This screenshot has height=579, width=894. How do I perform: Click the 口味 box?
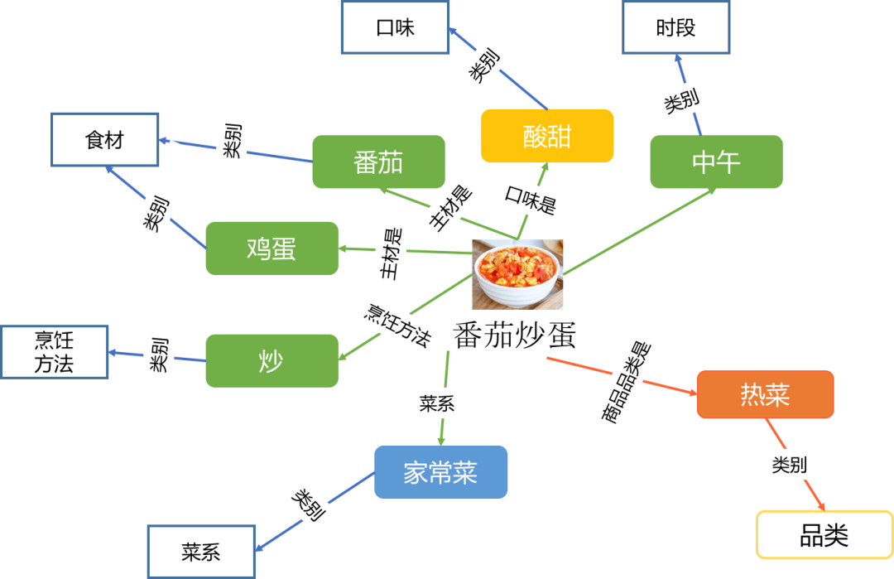396,29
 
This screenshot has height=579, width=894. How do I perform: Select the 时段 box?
675,29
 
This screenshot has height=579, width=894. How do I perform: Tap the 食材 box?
104,140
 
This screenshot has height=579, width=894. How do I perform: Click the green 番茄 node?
378,162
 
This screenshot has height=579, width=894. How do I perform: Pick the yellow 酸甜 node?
547,136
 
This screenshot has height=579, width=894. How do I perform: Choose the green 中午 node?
715,162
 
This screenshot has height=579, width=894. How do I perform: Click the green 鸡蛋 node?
272,248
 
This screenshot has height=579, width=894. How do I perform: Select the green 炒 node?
272,360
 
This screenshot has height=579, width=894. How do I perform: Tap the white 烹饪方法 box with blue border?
55,352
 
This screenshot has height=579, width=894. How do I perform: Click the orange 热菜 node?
765,394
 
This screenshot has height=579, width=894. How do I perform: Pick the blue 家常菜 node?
440,472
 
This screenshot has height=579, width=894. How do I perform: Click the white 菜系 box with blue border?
201,551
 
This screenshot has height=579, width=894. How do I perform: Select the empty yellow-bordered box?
824,534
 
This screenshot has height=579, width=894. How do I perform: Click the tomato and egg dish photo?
517,274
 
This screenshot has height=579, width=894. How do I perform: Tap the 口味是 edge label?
542,201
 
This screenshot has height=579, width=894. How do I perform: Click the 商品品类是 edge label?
633,360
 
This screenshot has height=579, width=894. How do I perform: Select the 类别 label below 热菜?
812,465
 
